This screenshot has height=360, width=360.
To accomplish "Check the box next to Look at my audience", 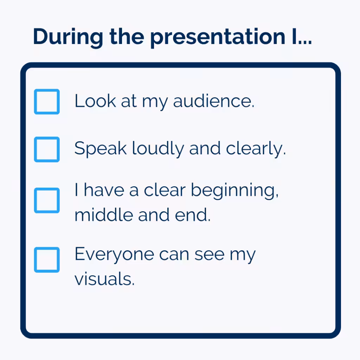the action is point(47,102).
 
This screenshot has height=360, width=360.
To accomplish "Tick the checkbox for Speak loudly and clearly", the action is point(47,149).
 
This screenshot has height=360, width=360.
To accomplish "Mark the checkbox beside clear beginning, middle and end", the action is point(47,200).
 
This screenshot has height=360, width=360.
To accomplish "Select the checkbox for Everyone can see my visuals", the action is point(47,260).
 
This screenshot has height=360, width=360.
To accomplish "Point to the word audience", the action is point(214,101).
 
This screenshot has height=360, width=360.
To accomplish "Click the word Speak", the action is point(100,149).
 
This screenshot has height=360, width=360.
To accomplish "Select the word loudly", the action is point(158,149).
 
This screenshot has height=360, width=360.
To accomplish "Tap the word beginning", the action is point(234,191).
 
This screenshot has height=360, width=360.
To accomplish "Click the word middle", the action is point(104,215).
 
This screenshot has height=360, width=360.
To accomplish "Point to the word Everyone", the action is point(114,255).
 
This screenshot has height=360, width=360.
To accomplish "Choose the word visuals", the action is point(104,279).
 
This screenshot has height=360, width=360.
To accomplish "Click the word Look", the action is point(95,101).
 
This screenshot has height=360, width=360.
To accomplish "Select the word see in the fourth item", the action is point(210,255).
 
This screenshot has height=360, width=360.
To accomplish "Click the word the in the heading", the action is point(127,36).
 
